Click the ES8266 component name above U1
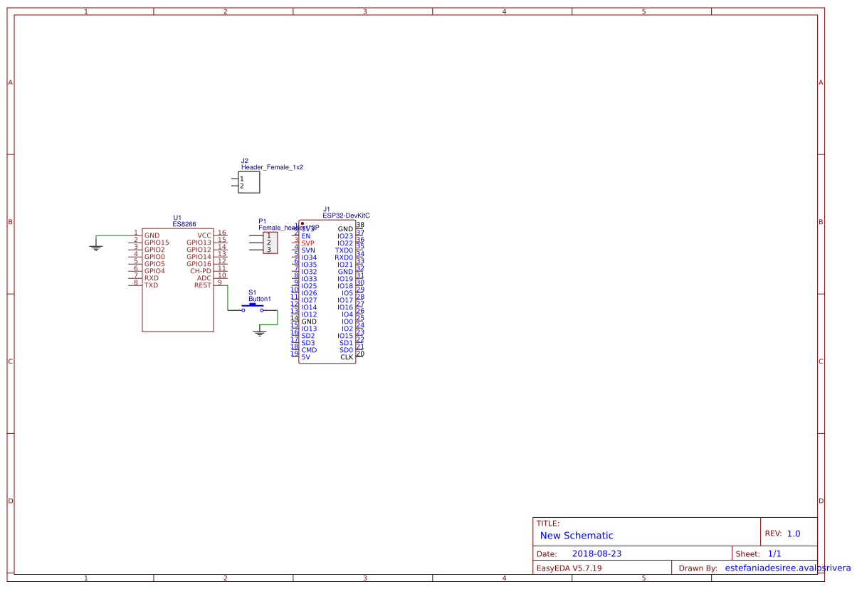pos(184,224)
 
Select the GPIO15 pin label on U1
pos(157,243)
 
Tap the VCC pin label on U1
pos(204,235)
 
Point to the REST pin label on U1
pos(203,285)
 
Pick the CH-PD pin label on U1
pos(201,271)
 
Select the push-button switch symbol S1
pos(253,307)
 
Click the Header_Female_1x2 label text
pos(272,167)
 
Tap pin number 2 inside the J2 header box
pos(242,186)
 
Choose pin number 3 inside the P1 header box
pos(268,250)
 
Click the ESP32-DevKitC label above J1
pos(346,215)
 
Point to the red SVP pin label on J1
pos(307,243)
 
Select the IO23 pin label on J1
pos(345,236)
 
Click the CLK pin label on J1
pos(347,357)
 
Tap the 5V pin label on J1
pos(305,357)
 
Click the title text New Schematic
pos(577,536)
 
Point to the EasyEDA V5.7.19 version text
pos(569,568)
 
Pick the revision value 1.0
pos(794,534)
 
